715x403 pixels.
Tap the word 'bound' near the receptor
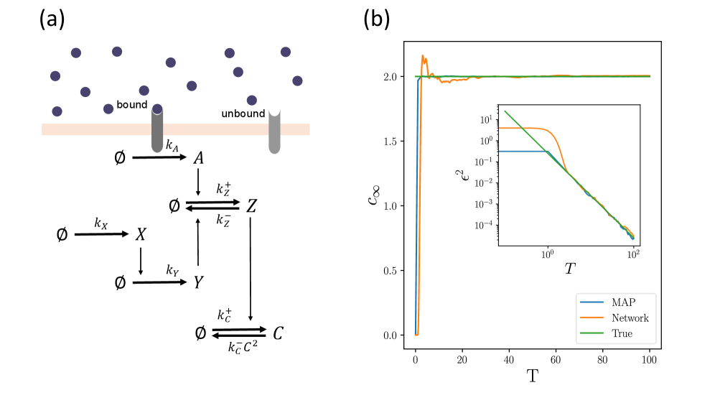131,105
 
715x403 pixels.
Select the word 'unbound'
243,114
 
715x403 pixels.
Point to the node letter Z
251,206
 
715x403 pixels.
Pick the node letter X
141,234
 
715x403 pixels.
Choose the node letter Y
197,282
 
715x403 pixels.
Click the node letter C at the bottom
279,333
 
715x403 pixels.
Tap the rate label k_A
172,145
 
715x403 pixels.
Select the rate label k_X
101,223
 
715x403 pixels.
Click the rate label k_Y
172,271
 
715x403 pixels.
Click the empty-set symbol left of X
62,234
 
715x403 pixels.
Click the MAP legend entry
624,304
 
